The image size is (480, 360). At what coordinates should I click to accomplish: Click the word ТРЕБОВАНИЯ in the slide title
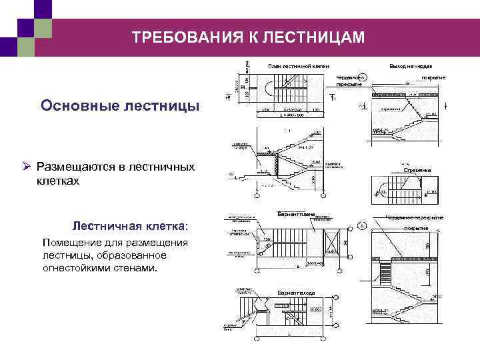pyautogui.click(x=174, y=37)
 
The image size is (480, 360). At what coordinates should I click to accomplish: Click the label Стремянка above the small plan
pyautogui.click(x=417, y=171)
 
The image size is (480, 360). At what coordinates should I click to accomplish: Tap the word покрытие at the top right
pyautogui.click(x=433, y=79)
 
